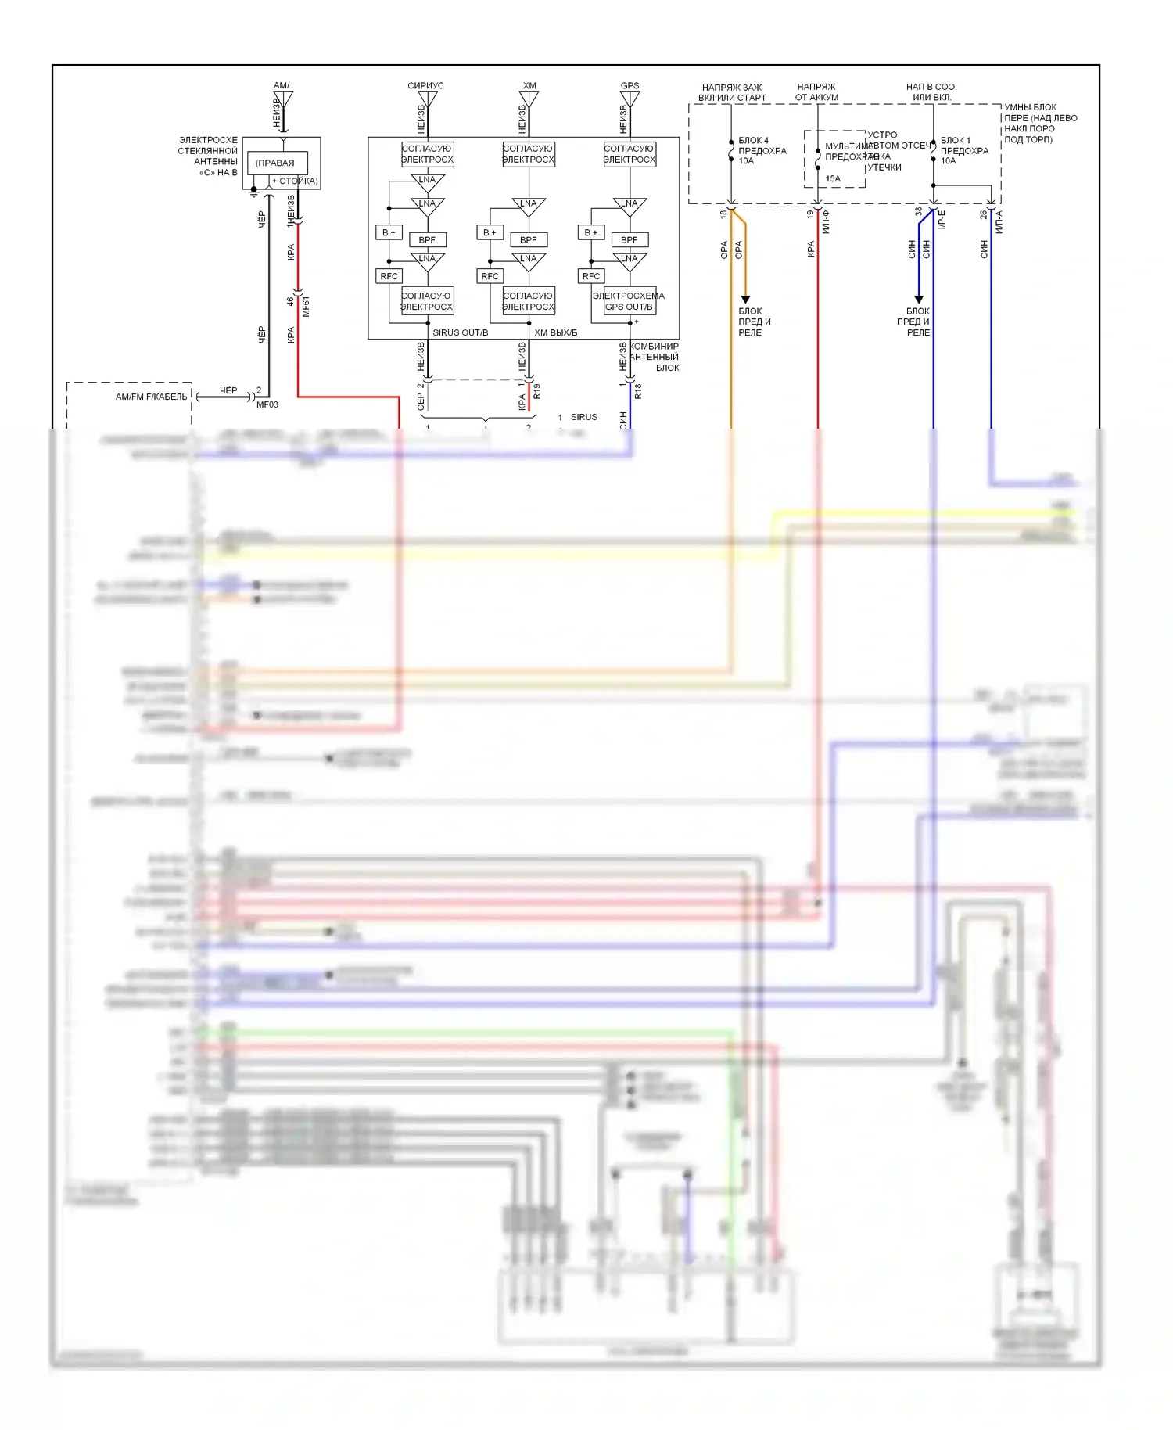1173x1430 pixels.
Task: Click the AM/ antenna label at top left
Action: pos(282,85)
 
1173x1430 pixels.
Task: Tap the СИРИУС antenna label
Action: pos(425,86)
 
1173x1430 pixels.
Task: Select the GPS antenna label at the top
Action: pos(630,86)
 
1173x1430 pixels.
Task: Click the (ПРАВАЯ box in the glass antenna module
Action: pos(277,163)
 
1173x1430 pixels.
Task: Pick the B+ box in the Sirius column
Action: pos(389,232)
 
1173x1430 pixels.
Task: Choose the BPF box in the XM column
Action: pos(529,240)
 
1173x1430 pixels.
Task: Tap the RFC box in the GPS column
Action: pos(591,276)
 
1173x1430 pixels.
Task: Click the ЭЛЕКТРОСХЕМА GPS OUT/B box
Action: pos(629,301)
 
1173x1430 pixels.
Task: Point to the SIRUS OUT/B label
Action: pos(460,332)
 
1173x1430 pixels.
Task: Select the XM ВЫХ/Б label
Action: pos(555,332)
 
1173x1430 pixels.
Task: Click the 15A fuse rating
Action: pos(833,178)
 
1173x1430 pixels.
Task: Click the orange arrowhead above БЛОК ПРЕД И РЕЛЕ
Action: pos(745,300)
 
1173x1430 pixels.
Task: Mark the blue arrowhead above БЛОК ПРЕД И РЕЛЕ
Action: pos(919,300)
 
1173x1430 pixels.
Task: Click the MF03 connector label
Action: pos(267,404)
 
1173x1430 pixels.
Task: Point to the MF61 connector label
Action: pos(306,307)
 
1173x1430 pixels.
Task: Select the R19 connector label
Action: pos(537,391)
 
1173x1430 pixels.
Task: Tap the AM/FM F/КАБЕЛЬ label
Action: pos(152,397)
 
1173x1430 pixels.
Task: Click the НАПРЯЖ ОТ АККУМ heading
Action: pos(816,92)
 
